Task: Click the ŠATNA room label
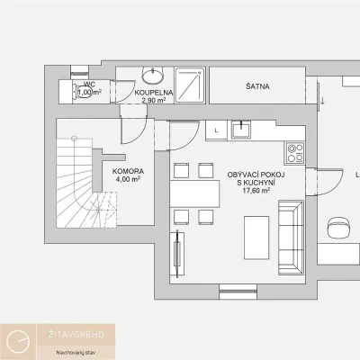(257, 86)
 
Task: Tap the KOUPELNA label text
(154, 93)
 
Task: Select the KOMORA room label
(128, 172)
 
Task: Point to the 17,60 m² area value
(256, 190)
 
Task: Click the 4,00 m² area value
(128, 179)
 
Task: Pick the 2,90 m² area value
(154, 100)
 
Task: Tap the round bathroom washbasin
(153, 76)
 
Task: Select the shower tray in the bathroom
(190, 85)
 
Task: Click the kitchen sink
(240, 130)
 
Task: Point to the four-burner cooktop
(295, 153)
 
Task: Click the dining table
(194, 193)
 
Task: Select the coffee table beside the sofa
(256, 238)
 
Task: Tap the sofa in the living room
(291, 238)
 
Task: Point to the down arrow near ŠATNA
(322, 100)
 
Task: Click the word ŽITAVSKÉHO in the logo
(76, 335)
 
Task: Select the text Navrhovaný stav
(76, 353)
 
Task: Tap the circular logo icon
(19, 341)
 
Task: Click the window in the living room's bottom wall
(238, 292)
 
